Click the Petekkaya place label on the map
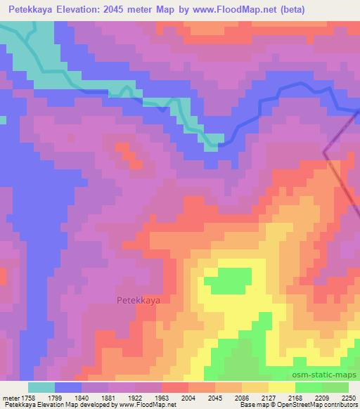pos(138,299)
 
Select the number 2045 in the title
pos(136,9)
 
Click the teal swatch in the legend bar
pos(41,387)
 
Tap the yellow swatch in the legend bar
pos(281,387)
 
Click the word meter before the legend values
pos(11,398)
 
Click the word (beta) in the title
pos(336,9)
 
